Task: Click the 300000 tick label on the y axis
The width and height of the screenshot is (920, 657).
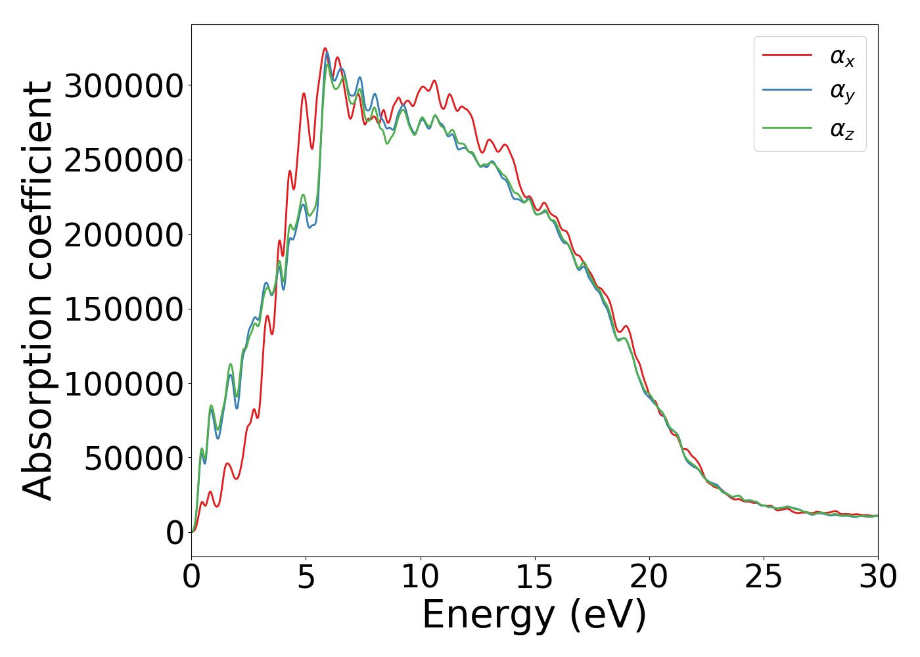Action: click(124, 86)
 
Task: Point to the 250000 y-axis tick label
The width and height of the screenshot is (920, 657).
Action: click(124, 160)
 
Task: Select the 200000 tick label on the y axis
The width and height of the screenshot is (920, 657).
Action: click(124, 235)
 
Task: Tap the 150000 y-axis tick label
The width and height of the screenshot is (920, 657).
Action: click(124, 309)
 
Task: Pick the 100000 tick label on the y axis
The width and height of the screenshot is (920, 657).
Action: click(124, 384)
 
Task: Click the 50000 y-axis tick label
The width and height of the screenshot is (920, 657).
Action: click(133, 459)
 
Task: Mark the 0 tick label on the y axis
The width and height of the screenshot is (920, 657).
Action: click(175, 533)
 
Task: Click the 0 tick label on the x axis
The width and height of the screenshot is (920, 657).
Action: click(191, 577)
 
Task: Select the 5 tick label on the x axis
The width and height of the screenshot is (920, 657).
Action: click(306, 577)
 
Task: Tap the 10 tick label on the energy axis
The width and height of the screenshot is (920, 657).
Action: click(420, 577)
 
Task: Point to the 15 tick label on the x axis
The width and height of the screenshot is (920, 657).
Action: click(534, 577)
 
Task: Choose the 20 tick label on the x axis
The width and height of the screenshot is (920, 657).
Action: click(649, 577)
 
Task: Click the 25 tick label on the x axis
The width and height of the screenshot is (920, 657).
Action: click(764, 577)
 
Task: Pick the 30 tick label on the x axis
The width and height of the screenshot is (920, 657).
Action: click(878, 577)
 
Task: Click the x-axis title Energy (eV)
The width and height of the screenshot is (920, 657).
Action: click(534, 616)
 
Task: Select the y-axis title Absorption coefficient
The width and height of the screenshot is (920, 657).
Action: click(38, 290)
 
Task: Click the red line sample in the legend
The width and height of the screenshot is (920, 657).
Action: click(787, 55)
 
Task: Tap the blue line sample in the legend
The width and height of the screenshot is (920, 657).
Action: click(787, 91)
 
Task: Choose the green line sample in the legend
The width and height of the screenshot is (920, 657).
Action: click(787, 127)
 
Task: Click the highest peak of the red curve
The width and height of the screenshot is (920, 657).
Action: click(325, 49)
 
